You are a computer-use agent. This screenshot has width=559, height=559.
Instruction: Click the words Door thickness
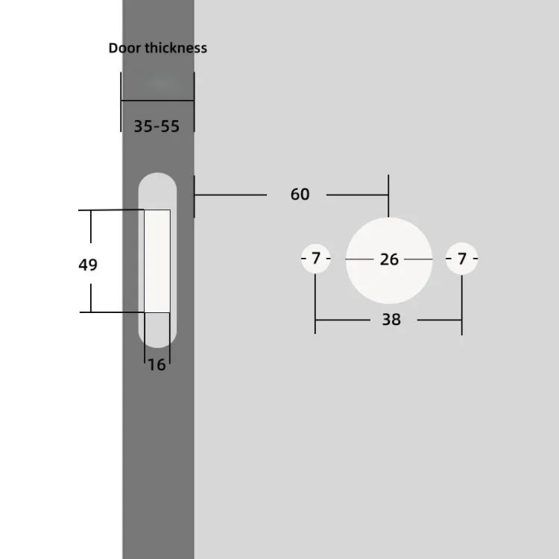coord(158,48)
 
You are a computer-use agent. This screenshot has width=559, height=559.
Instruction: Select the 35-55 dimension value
coord(157,126)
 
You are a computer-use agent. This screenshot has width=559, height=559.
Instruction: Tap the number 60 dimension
coord(300,195)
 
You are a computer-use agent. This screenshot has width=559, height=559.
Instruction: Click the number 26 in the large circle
coord(389,259)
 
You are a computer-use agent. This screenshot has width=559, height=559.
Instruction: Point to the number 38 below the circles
coord(391,320)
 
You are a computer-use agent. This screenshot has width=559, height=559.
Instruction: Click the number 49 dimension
coord(88,265)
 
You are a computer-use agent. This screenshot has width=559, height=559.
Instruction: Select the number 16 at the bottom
coord(157,365)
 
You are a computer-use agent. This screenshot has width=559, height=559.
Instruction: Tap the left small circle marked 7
coord(316,259)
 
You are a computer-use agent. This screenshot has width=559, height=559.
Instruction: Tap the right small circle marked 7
coord(461,259)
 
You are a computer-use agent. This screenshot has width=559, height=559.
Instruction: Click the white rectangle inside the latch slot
coord(157,261)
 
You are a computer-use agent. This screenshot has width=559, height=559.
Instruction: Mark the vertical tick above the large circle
coord(388,195)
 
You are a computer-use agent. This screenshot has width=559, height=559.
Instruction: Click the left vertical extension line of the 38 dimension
coord(315,302)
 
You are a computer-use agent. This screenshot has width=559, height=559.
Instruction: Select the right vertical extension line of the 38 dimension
coord(461,302)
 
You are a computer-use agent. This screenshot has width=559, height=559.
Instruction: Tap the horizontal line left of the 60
coord(230,195)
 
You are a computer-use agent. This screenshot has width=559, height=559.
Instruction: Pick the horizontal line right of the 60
coord(357,195)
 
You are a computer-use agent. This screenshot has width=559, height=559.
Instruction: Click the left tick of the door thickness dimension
coord(121,102)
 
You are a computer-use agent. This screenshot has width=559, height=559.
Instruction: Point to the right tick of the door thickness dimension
coord(194,102)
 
